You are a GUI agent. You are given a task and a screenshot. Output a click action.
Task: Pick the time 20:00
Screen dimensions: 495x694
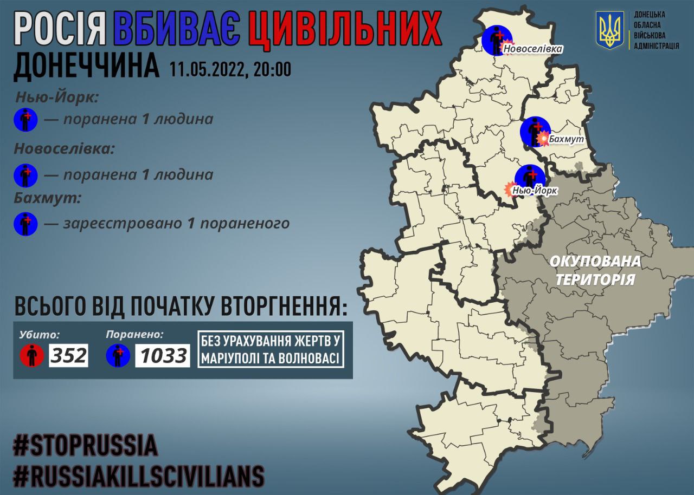(x=271, y=69)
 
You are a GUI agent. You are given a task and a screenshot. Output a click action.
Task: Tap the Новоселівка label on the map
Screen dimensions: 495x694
(x=533, y=49)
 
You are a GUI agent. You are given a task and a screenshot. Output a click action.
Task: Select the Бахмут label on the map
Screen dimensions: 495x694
(x=566, y=139)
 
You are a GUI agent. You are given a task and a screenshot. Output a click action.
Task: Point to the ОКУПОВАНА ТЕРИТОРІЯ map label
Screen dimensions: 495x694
(x=595, y=270)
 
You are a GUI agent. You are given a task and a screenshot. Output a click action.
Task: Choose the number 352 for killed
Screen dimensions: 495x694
(x=69, y=355)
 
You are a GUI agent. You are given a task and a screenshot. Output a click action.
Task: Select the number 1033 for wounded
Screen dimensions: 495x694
(x=162, y=356)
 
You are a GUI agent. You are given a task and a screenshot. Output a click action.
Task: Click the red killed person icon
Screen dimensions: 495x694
(x=32, y=355)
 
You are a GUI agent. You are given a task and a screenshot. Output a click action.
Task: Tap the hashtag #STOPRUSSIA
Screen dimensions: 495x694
(x=86, y=445)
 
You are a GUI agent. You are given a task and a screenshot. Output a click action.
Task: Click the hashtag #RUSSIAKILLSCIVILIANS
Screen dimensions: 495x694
(x=138, y=476)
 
